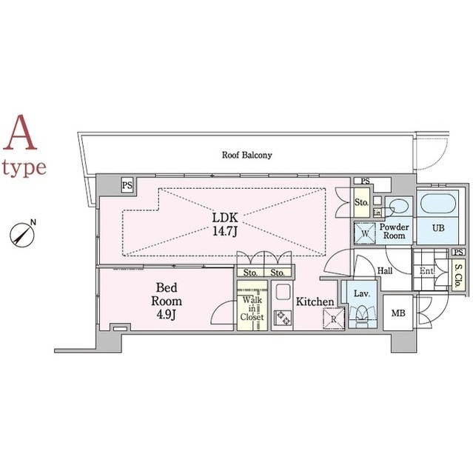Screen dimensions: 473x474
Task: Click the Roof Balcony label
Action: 246,155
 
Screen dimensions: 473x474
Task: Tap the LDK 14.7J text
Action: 225,224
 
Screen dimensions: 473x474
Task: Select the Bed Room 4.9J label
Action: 167,301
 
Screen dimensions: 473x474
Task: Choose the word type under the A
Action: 24,168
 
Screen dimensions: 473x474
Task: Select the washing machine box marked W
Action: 365,233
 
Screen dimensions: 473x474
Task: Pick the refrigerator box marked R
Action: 333,318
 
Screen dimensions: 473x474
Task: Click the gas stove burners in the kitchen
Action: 283,318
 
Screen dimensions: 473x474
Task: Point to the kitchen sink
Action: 283,292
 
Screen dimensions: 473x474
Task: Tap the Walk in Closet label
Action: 252,308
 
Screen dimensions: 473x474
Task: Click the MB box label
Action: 398,313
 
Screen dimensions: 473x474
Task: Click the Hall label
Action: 385,270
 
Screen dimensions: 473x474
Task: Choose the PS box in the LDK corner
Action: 127,185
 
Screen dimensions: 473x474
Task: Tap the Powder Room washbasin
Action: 400,207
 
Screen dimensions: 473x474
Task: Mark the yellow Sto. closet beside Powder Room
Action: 361,202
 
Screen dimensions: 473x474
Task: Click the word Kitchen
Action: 315,301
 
